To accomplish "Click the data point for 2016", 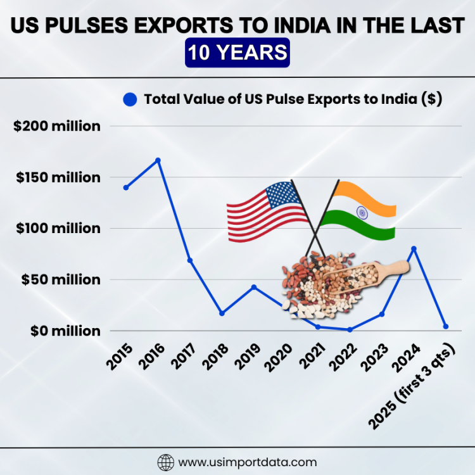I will coord(158,160).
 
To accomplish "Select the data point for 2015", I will coord(126,187).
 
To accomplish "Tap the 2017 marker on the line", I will coord(190,260).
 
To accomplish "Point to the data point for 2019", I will coord(254,287).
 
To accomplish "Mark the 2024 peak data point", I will coord(414,248).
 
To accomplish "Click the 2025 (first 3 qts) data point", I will coord(446,327).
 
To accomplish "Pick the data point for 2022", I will coord(350,329).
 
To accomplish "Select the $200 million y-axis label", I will coord(57,126).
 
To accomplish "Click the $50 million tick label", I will coord(60,279).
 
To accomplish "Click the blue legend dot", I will coord(130,99).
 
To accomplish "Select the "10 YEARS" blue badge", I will coord(237,53).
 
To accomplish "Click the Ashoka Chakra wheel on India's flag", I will coord(362,212).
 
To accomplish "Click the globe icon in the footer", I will coord(165,462).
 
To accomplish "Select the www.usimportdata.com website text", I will coord(248,462).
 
